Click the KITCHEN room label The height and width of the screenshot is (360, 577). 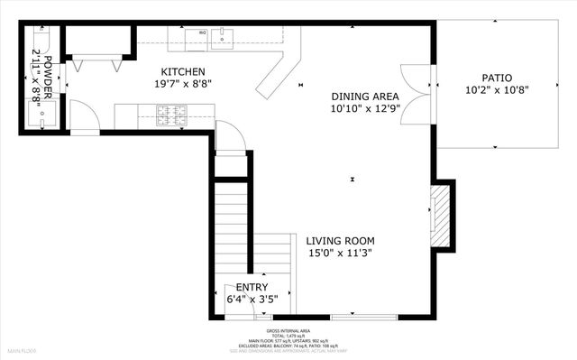click(x=183, y=72)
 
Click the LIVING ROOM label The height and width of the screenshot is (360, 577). click(x=340, y=241)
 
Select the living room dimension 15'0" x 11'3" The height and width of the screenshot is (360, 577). click(x=340, y=254)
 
